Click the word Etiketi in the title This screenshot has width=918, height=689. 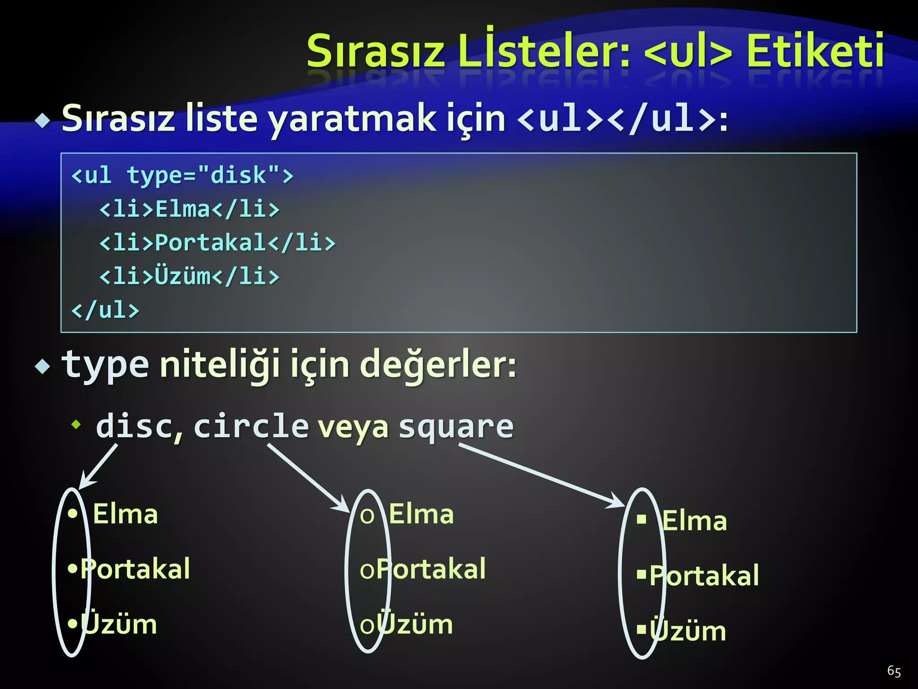click(814, 52)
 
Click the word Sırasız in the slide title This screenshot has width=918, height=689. click(376, 52)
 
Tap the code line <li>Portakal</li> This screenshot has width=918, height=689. click(217, 243)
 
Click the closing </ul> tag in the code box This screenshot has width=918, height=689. click(105, 310)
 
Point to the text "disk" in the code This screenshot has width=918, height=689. click(238, 175)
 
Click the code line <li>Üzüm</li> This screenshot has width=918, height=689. click(189, 276)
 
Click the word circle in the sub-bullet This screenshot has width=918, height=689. click(251, 426)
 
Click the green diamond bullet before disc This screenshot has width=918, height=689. click(77, 424)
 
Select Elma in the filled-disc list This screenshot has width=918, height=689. click(125, 514)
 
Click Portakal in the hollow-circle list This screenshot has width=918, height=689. click(430, 569)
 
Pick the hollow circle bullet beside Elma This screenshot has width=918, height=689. click(367, 516)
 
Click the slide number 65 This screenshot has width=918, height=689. click(894, 671)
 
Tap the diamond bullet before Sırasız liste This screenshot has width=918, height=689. click(43, 121)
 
